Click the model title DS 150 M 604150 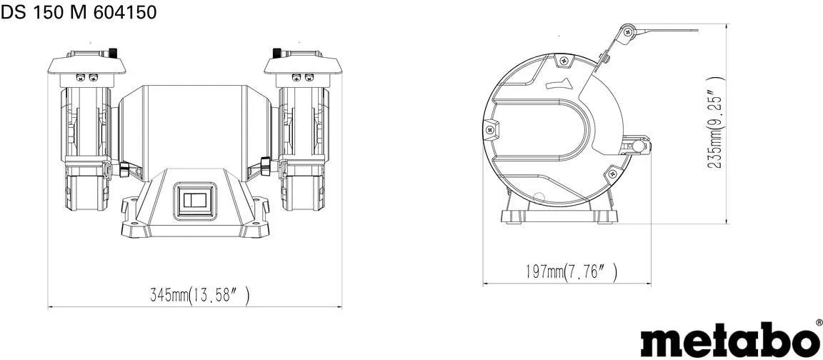point(78,12)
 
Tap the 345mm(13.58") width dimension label point(200,296)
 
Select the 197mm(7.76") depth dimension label point(571,272)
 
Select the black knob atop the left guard point(112,53)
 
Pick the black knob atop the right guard point(277,53)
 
